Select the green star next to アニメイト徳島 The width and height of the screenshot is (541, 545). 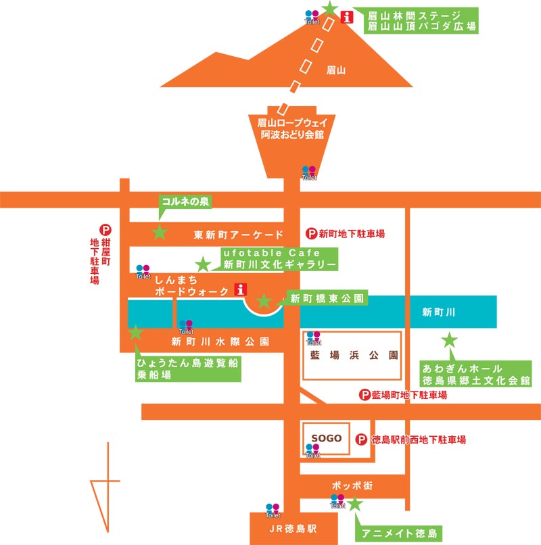click(x=354, y=503)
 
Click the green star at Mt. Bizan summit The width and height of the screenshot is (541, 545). click(x=329, y=8)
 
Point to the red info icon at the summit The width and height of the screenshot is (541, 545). click(x=348, y=18)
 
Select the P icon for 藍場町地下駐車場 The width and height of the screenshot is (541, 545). click(x=364, y=395)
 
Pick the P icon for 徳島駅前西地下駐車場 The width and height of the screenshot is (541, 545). click(x=362, y=440)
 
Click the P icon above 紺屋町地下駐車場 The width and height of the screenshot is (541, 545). click(x=105, y=230)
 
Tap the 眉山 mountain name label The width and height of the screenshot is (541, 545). click(x=336, y=69)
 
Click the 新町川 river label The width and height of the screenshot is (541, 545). click(x=439, y=312)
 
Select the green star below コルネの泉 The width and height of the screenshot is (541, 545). click(x=160, y=233)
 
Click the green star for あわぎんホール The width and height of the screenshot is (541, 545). click(x=449, y=340)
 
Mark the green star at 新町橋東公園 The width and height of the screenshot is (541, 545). click(x=264, y=301)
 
